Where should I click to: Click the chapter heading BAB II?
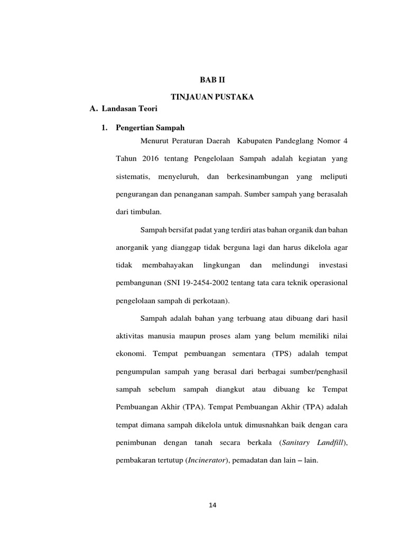click(212, 80)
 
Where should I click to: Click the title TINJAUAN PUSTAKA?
click(212, 97)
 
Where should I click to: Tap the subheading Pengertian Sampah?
click(150, 128)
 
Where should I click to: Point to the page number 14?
click(213, 505)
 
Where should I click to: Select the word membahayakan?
click(169, 265)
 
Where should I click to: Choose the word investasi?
click(330, 265)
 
